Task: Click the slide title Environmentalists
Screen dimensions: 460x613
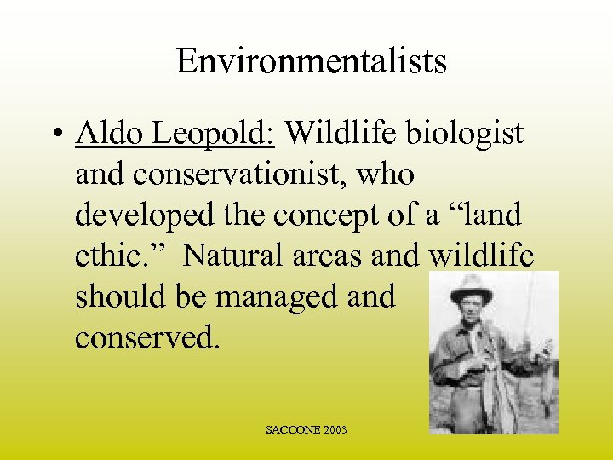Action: point(311,61)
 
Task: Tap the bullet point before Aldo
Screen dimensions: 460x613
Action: point(58,133)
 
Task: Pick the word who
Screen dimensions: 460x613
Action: point(385,174)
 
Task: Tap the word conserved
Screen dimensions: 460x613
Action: point(147,337)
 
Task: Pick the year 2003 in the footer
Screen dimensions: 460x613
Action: point(335,430)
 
